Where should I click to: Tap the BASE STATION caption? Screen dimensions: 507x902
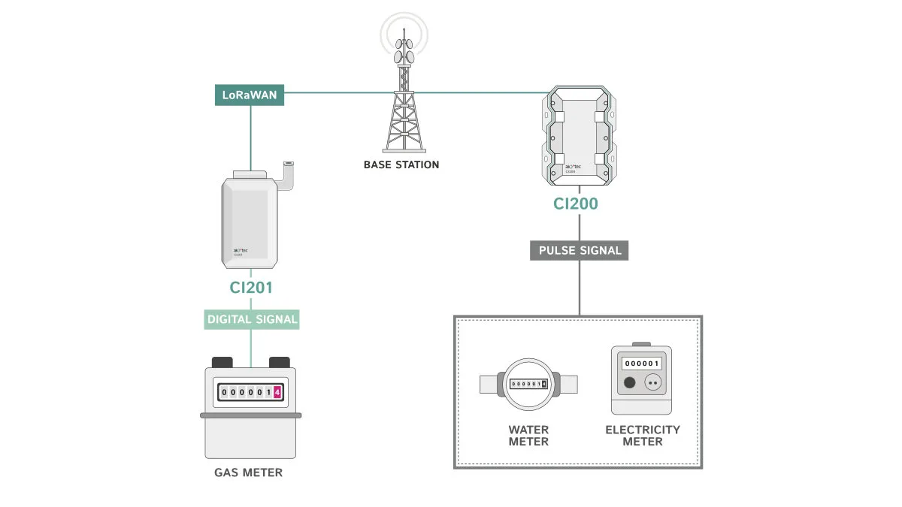point(401,164)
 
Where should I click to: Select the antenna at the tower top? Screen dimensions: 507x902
point(404,46)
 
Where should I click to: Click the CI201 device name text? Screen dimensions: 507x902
point(251,288)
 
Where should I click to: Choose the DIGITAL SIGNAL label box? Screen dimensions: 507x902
point(252,319)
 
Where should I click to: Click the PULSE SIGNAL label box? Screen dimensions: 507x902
point(580,250)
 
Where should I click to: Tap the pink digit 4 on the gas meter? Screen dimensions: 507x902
point(277,392)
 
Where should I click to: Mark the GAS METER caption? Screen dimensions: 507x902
point(249,473)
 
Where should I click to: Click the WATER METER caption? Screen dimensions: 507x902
point(528,436)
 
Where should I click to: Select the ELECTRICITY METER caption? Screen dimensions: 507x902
point(643,436)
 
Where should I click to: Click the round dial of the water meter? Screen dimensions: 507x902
point(529,384)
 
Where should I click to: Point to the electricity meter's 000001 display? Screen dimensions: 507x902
point(641,364)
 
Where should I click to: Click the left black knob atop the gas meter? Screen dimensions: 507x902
point(223,362)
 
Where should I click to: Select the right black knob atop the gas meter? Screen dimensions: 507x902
point(280,362)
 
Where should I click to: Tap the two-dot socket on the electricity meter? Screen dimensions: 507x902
point(652,383)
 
